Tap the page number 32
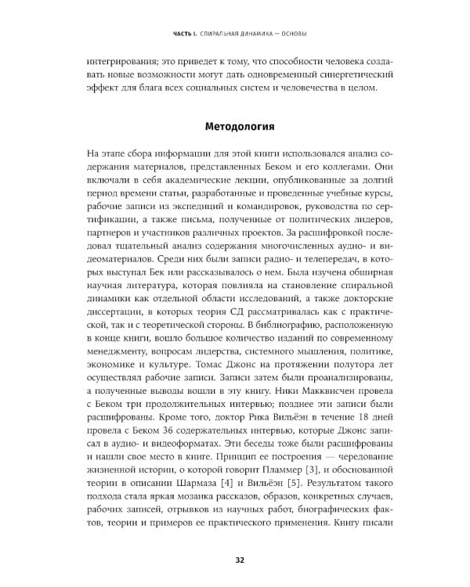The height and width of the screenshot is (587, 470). point(235,559)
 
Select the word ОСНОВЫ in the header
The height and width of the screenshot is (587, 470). point(291,33)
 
